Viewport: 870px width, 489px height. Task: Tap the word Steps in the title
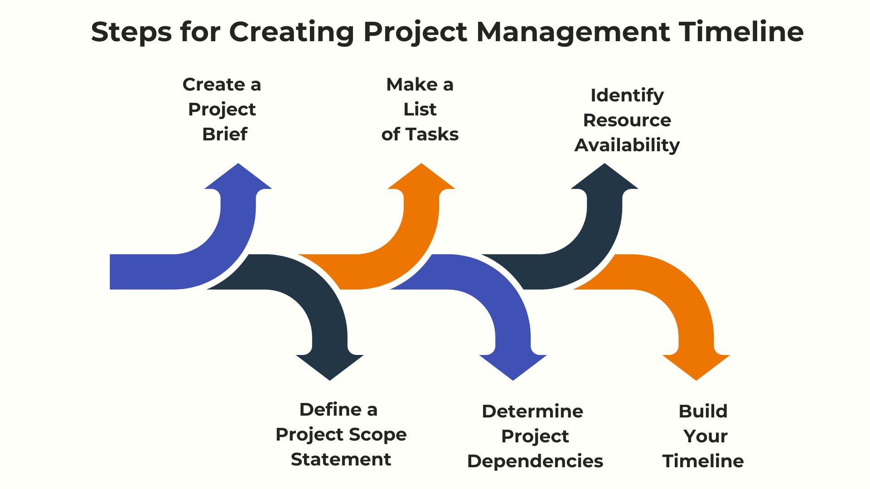pos(131,33)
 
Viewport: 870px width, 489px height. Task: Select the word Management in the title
pos(573,33)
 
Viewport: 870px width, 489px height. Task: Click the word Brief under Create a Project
pos(225,134)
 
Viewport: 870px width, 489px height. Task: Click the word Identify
pos(627,96)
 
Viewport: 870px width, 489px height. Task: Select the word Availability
pos(627,145)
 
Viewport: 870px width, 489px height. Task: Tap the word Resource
pos(627,120)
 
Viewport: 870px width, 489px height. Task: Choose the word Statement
pos(341,459)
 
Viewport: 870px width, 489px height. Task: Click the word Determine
pos(532,411)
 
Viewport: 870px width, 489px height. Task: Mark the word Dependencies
pos(535,461)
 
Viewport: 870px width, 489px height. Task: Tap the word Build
pos(703,411)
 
